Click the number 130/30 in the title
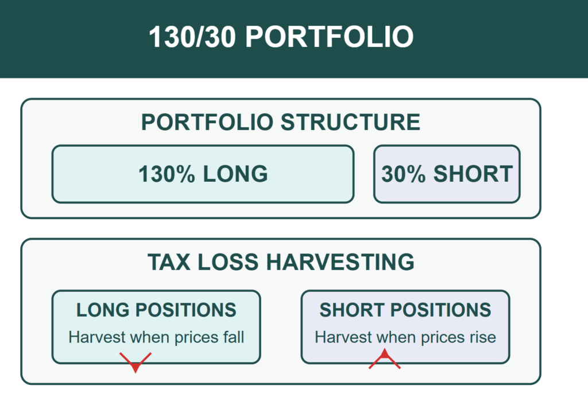192,37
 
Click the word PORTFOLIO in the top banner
329,37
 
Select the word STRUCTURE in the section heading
350,122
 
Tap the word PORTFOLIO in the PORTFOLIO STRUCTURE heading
207,122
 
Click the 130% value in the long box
167,174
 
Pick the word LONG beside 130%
235,174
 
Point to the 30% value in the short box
404,174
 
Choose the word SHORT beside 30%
473,174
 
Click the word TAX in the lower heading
169,262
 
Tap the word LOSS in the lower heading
228,262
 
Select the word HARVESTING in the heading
341,262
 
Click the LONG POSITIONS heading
156,310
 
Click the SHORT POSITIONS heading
405,310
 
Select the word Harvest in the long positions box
97,337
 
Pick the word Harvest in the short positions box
343,337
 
